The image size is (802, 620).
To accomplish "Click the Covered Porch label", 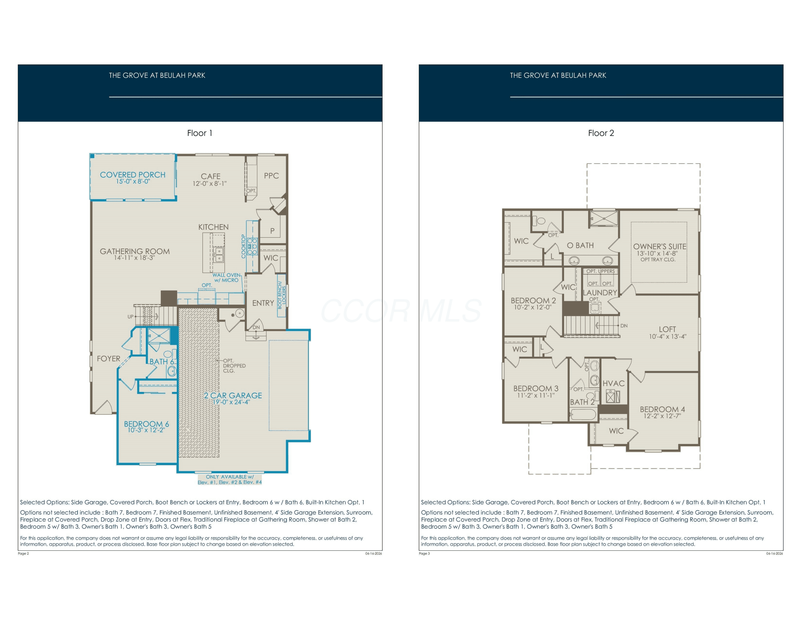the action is (133, 175).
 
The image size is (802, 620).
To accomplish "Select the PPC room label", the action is (271, 175).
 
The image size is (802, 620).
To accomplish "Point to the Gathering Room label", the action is (135, 251).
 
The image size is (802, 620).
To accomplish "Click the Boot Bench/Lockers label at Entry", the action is (282, 295).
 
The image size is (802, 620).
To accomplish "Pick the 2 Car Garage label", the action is (233, 396).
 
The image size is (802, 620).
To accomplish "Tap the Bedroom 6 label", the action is (146, 424).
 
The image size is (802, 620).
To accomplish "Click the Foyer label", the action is (108, 358).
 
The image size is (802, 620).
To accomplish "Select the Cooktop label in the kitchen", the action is (243, 246).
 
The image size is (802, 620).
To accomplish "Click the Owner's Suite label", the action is (660, 246).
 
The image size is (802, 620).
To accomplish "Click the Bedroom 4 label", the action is (662, 409).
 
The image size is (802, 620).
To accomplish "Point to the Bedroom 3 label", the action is (536, 388).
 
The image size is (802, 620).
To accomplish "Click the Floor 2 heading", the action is (601, 133).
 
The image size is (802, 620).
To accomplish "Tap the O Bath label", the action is (580, 245).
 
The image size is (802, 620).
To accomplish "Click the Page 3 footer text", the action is (424, 553).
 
